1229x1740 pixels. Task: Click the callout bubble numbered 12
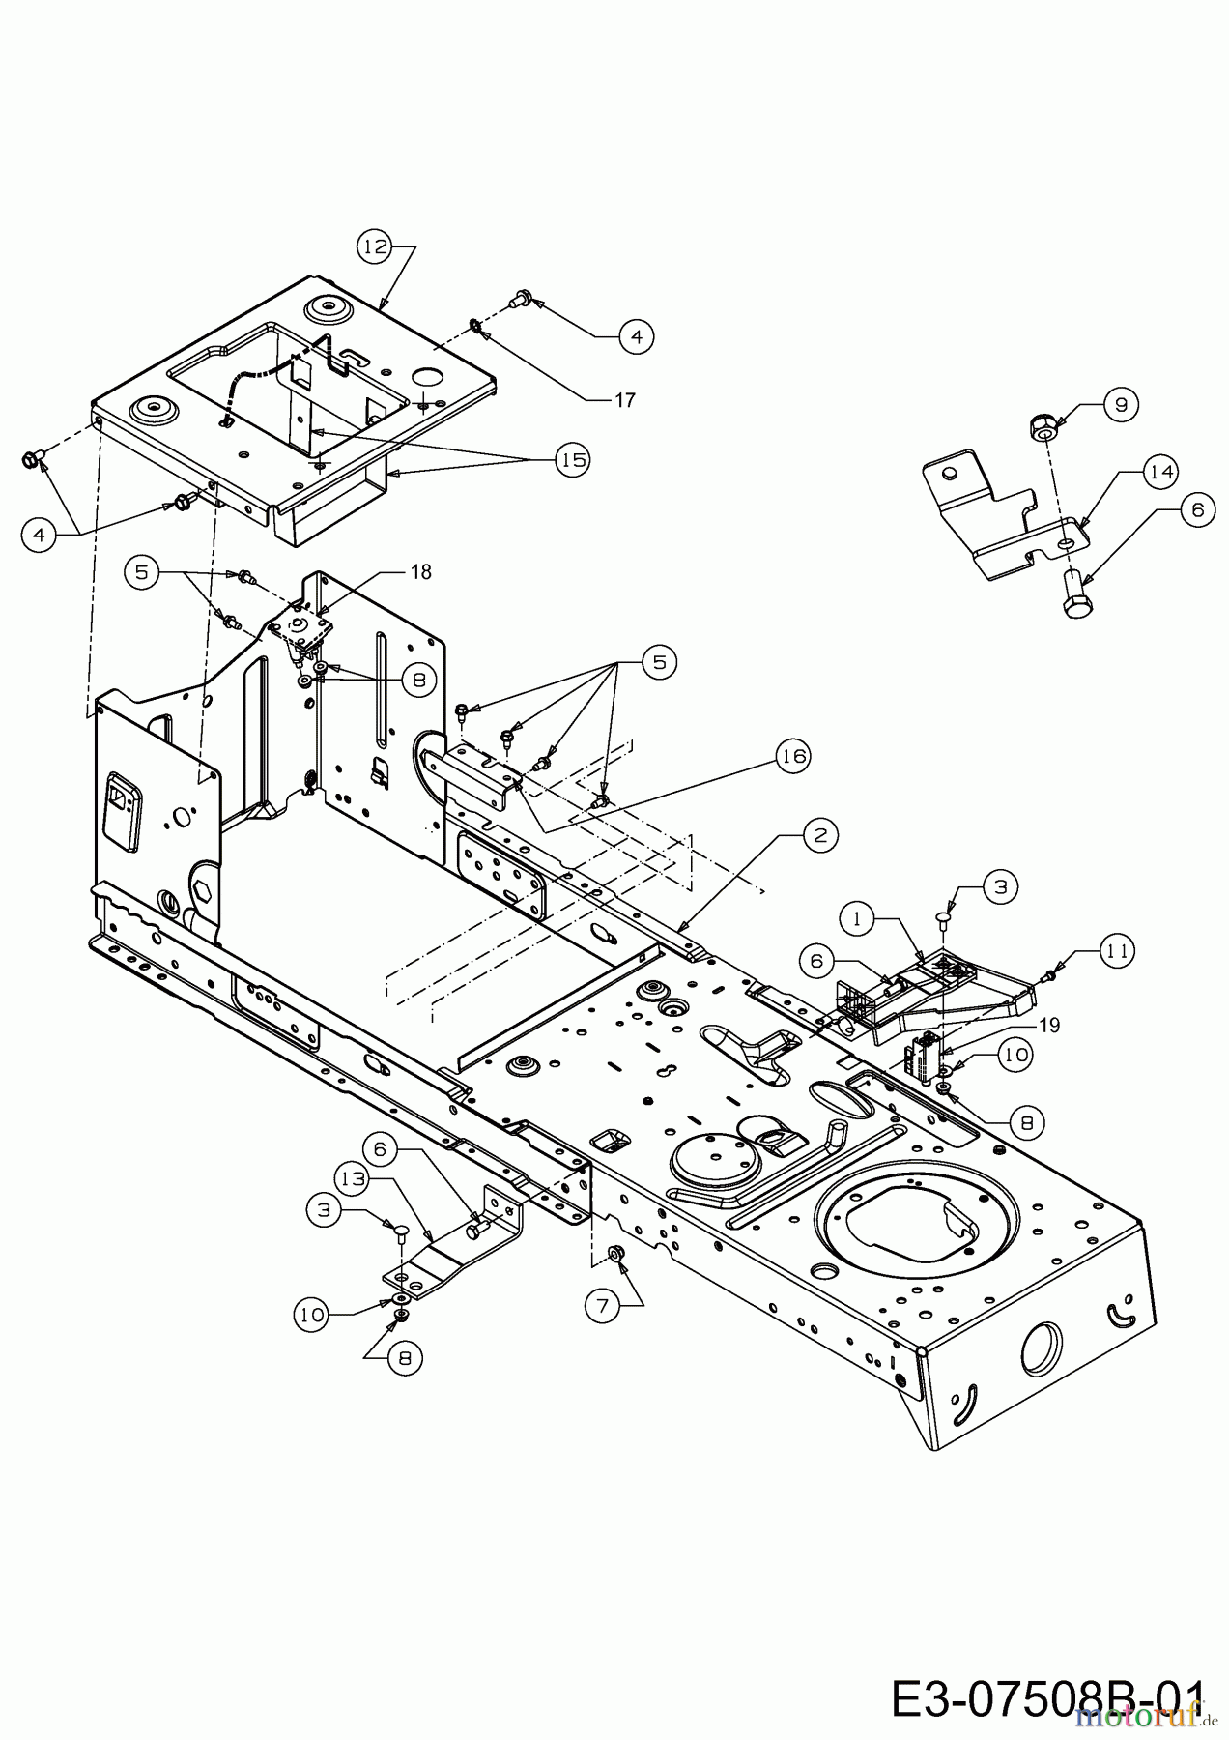coord(375,247)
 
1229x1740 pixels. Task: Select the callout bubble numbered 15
coord(574,460)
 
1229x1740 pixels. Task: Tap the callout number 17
coord(624,399)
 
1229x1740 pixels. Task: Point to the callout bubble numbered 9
coord(1121,405)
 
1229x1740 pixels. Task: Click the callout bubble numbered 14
coord(1160,472)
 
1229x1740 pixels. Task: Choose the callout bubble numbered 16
coord(793,757)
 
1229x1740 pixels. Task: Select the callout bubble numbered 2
coord(820,834)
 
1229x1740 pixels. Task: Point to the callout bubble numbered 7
coord(602,1305)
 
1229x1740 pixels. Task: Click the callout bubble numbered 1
coord(856,916)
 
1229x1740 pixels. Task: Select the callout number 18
coord(419,572)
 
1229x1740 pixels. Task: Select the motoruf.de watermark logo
coord(1146,1717)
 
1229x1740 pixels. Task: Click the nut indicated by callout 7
coord(614,1254)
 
